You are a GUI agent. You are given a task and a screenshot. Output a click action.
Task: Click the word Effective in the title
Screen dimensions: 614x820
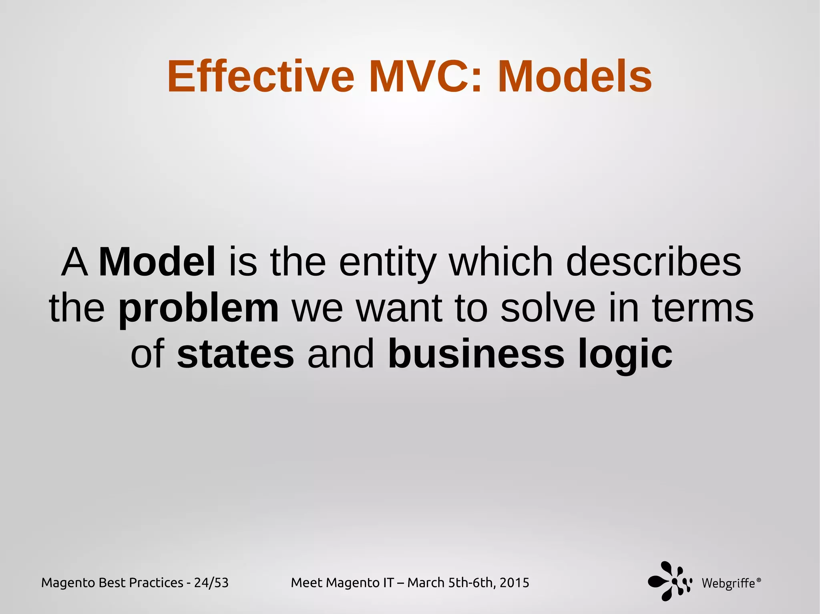coord(261,76)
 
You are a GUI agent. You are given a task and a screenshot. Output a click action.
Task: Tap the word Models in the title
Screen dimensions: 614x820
coord(575,76)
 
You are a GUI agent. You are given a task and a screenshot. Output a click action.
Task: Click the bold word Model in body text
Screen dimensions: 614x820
coord(157,262)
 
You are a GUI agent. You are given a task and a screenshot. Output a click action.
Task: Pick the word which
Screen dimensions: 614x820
coord(501,262)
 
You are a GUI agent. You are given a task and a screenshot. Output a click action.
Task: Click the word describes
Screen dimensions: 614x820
coord(653,262)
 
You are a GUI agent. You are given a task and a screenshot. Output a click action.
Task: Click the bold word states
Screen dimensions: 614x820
coord(235,354)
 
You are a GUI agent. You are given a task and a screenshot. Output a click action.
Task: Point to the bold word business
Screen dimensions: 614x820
coord(476,354)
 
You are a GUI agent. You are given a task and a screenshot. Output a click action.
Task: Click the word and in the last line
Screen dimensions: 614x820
coord(341,354)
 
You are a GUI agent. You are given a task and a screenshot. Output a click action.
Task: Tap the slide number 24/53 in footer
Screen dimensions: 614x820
coord(211,583)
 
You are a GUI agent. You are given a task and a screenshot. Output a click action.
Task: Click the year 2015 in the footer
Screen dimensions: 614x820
coord(514,583)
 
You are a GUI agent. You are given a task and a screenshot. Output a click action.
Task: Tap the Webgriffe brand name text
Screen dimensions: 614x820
coord(728,584)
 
